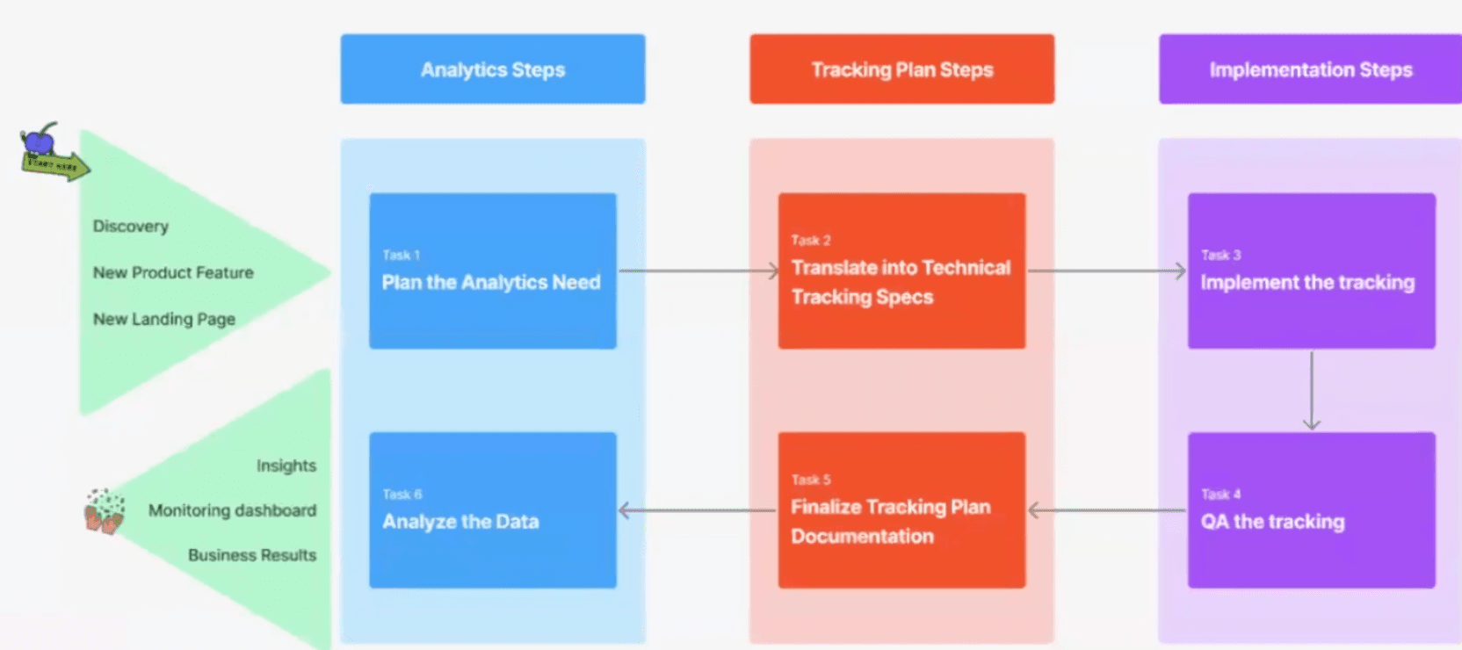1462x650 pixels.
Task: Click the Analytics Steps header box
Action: point(493,69)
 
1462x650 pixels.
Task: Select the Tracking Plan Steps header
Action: point(901,69)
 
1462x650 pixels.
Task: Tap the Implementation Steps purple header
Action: point(1310,69)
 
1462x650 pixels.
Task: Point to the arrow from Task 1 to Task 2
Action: point(698,271)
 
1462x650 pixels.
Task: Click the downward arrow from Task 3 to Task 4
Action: point(1312,391)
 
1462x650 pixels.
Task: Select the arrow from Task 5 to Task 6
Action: point(698,510)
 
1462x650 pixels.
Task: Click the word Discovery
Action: point(131,227)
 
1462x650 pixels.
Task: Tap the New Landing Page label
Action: point(164,320)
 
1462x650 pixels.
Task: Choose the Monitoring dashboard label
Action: point(232,510)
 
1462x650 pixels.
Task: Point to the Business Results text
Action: point(252,555)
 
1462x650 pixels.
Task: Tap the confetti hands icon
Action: point(105,512)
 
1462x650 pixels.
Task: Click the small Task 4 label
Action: point(1220,495)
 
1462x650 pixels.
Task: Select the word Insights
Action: point(286,466)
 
